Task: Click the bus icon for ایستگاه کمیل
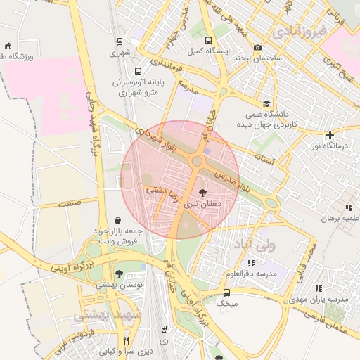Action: click(x=207, y=41)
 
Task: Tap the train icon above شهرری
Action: click(x=120, y=41)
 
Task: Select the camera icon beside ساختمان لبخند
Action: click(x=258, y=48)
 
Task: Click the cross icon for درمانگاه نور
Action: click(x=329, y=135)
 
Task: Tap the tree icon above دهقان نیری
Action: click(x=202, y=193)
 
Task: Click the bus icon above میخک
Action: click(x=226, y=292)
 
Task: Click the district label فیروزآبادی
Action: click(x=299, y=31)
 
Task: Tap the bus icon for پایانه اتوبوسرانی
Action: click(x=137, y=72)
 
